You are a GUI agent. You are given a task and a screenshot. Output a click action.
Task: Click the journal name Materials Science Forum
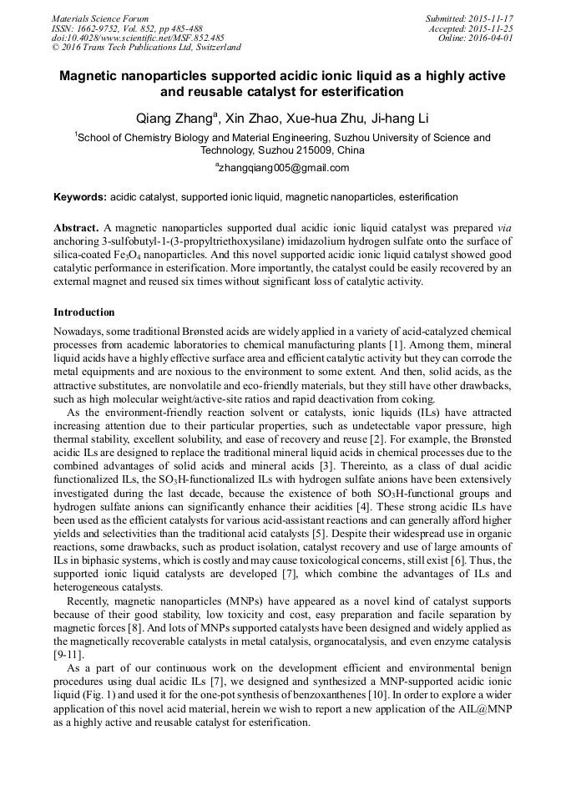coord(100,18)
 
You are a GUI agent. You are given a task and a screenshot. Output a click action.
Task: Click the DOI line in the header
coord(138,38)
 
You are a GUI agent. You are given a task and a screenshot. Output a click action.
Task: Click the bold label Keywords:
coord(80,198)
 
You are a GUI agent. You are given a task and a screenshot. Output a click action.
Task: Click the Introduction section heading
coord(84,312)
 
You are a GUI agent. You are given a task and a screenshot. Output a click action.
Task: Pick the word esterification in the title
coord(342,91)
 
